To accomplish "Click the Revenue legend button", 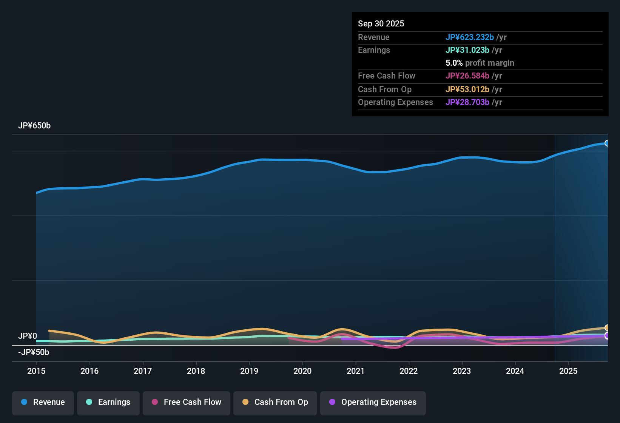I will (43, 402).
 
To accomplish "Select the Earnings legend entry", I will (108, 402).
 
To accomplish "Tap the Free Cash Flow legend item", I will (187, 402).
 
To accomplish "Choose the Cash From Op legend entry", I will (275, 402).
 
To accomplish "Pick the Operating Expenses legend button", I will (373, 402).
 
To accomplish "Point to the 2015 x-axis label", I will (36, 371).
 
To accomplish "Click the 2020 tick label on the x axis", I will (302, 371).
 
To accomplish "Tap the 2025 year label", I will (568, 371).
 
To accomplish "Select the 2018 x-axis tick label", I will (196, 371).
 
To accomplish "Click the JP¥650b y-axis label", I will (34, 126).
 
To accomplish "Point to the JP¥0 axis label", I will (28, 336).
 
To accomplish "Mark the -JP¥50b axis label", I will (34, 352).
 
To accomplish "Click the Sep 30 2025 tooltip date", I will (381, 24).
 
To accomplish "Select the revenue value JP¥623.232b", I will (469, 37).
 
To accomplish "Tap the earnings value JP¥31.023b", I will (467, 50).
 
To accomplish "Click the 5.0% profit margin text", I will (480, 63).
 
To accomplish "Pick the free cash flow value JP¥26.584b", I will (467, 76).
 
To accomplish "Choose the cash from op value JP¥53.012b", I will (467, 90).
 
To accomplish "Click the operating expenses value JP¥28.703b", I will (467, 102).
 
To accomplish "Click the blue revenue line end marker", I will (607, 143).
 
